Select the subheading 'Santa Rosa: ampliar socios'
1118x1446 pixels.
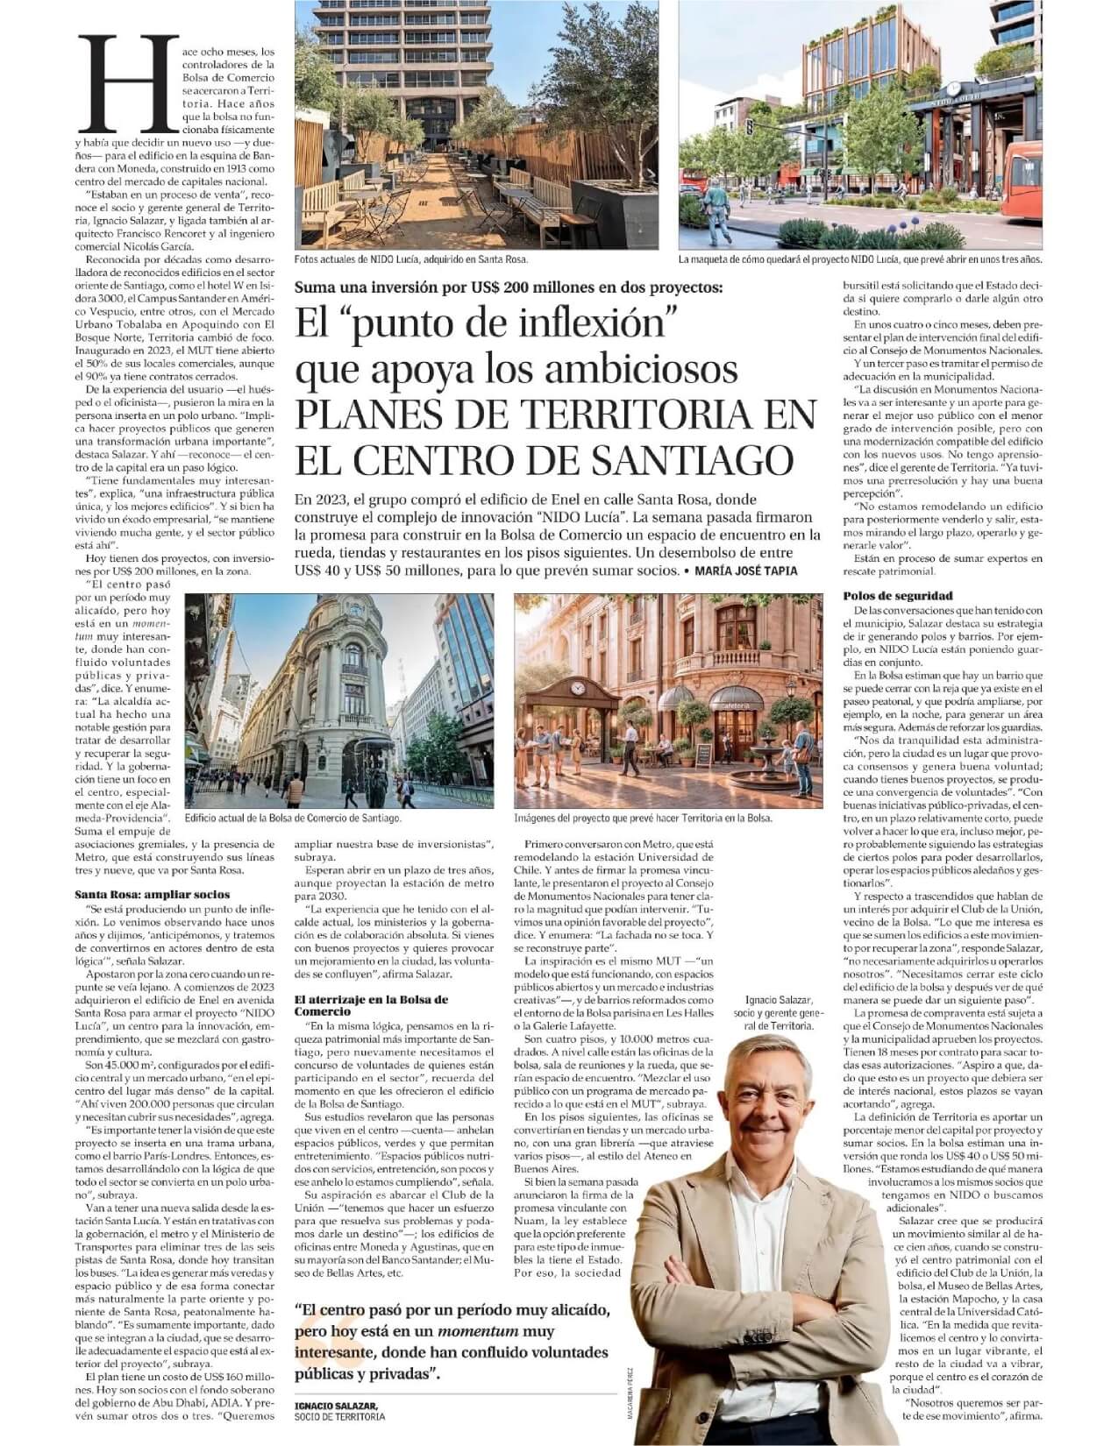pyautogui.click(x=153, y=894)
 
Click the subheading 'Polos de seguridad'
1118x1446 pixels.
pyautogui.click(x=898, y=596)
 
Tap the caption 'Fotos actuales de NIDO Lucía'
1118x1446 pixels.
pyautogui.click(x=412, y=259)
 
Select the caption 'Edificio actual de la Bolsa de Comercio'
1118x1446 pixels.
pyautogui.click(x=295, y=817)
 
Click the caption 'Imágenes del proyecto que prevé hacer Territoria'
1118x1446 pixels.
pyautogui.click(x=644, y=817)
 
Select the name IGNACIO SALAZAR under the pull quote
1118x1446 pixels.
pyautogui.click(x=336, y=1406)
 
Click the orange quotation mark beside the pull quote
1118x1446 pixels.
pyautogui.click(x=317, y=1332)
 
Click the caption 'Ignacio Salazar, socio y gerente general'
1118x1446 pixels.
pyautogui.click(x=780, y=1012)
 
